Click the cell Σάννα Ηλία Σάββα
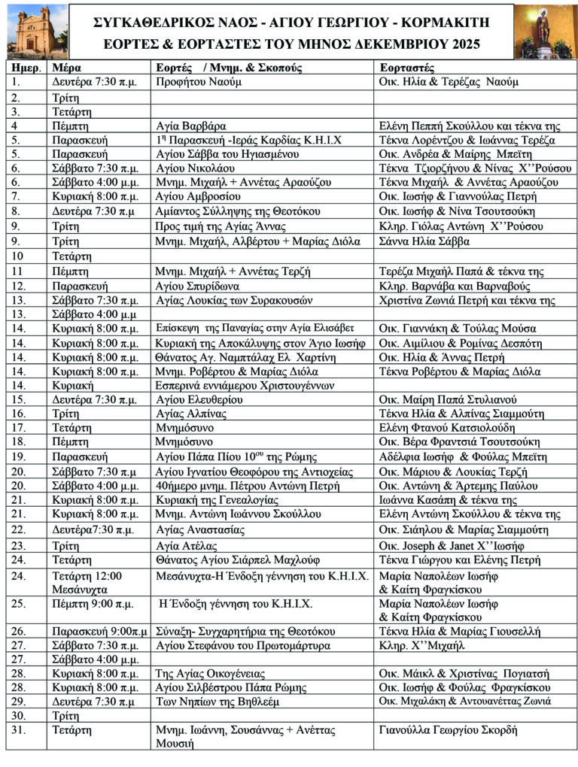[x=424, y=241]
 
